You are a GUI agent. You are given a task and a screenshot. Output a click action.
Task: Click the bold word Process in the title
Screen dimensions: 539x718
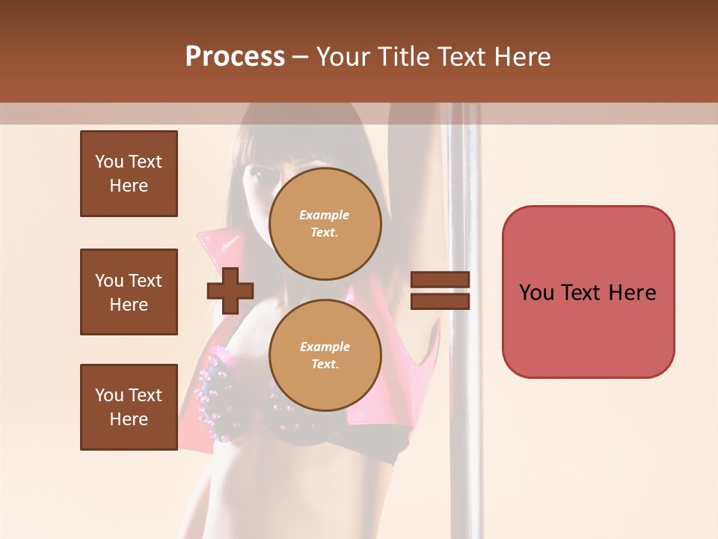235,57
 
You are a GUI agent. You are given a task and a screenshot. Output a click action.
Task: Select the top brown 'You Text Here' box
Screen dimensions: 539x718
129,174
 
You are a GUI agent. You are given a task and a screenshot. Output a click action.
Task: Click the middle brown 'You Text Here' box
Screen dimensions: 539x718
129,292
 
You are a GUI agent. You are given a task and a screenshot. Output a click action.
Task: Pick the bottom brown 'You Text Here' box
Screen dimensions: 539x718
129,407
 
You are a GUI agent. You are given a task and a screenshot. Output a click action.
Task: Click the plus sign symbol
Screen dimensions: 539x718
230,290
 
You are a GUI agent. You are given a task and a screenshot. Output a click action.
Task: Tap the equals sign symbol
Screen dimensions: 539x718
440,290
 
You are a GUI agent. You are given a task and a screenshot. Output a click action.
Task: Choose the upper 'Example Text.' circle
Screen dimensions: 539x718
325,223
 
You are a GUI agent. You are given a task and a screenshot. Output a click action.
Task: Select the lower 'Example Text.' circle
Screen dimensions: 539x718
325,355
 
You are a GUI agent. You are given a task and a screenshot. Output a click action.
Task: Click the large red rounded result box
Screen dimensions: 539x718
588,292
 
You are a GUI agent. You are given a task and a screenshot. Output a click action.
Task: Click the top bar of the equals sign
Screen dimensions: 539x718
440,280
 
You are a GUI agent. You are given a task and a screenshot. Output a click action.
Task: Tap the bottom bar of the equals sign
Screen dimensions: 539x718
440,301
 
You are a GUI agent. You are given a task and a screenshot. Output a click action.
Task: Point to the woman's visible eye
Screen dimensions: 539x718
256,174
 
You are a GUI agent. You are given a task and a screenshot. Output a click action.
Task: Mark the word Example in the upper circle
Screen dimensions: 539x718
325,215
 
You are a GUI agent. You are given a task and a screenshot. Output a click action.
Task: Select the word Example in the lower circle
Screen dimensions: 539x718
325,347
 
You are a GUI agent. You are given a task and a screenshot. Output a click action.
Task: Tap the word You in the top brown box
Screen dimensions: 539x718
109,162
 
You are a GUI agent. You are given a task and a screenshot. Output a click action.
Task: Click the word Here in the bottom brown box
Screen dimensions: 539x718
129,419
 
